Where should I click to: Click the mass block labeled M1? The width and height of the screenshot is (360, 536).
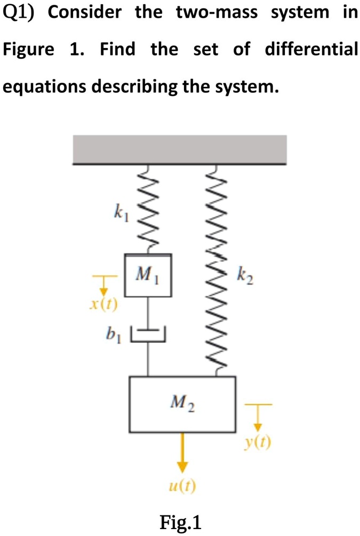coord(148,275)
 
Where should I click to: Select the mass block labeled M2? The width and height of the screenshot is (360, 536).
coord(182,404)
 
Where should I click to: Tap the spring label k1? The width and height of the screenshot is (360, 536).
coord(118,214)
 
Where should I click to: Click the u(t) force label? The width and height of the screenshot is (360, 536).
coord(182,486)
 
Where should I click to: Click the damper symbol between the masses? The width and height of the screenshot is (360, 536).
coord(148,334)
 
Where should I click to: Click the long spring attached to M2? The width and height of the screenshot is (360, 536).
coord(217,267)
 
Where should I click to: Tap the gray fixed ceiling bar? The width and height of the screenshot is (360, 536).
coord(180,149)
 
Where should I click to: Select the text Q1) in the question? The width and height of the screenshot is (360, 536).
coord(20,13)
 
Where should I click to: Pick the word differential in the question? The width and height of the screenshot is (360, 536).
coord(311,50)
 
